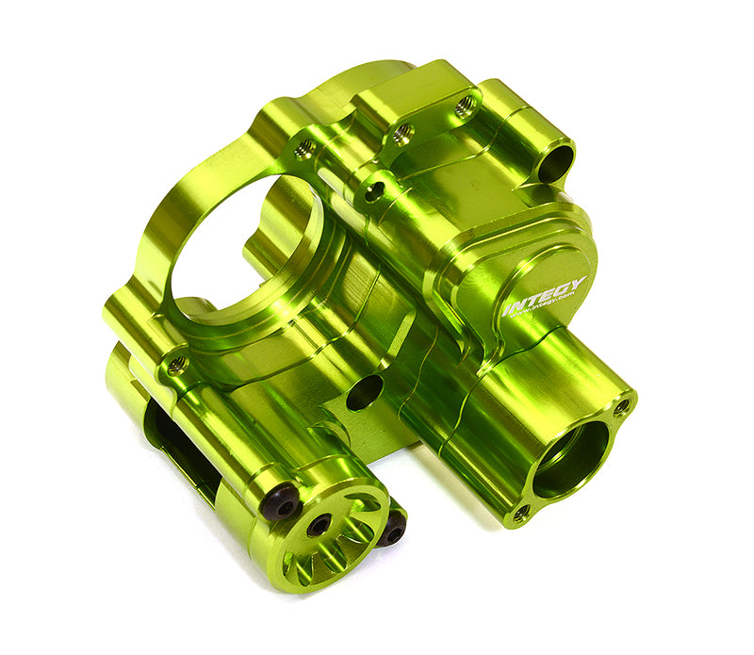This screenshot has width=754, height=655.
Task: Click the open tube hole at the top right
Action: (557, 163)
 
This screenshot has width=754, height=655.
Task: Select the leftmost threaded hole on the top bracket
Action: (304, 147)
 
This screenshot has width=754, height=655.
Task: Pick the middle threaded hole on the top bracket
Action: (402, 133)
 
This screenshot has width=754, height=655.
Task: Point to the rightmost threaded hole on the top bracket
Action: (465, 106)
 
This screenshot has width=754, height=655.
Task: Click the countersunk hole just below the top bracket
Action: (375, 192)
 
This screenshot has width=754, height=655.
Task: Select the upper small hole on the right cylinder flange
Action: (621, 407)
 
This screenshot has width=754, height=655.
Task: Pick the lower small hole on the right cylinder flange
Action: (520, 512)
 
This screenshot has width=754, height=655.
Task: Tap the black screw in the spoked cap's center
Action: (319, 525)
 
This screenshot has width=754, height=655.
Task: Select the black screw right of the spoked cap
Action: (393, 532)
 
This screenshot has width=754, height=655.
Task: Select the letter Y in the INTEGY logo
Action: (577, 283)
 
